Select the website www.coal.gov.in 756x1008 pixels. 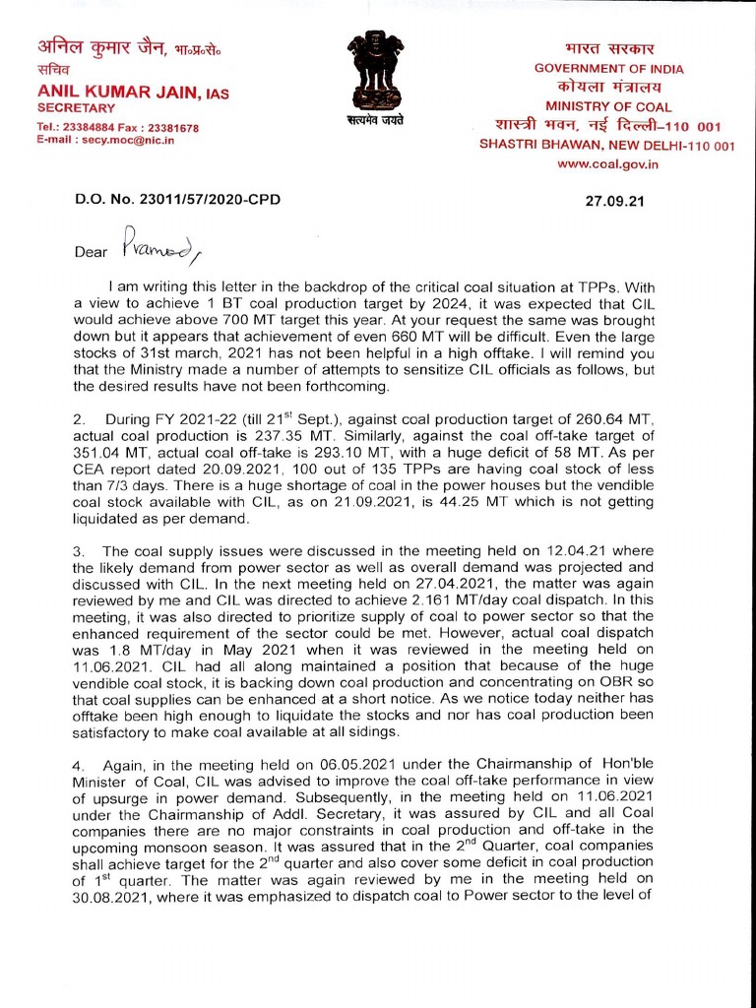click(x=607, y=163)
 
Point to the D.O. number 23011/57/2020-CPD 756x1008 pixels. click(x=177, y=199)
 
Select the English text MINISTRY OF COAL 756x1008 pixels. click(x=607, y=106)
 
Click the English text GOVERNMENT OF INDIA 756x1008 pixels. click(x=608, y=69)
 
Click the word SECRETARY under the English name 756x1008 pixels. click(x=76, y=107)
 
